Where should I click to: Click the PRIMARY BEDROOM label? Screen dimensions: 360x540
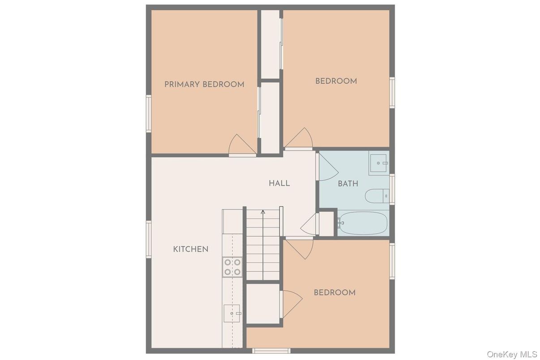coord(204,84)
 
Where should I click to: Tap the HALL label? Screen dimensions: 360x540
coord(279,183)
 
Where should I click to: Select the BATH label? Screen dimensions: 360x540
coord(348,184)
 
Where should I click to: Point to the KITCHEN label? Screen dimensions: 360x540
coord(191,249)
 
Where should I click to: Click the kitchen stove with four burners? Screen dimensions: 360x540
coord(232,267)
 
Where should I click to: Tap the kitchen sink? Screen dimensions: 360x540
coord(232,313)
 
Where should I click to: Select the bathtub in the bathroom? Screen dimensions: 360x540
coord(363,223)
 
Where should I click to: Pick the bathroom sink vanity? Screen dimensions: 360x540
coord(379,163)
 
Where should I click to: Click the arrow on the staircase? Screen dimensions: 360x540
coord(263,213)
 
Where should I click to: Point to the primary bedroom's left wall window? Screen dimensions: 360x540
coord(149,113)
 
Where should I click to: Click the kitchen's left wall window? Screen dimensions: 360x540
coord(149,240)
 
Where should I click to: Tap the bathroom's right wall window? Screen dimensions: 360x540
coord(392,189)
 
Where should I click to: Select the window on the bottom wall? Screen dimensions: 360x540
coord(271,351)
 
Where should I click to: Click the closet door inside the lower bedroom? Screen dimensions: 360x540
coord(291,304)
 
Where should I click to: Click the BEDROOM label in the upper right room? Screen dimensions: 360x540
coord(336,81)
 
